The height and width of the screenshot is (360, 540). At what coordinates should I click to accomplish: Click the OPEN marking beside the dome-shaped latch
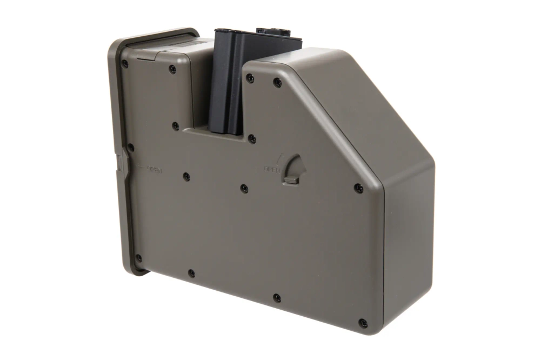(x=272, y=169)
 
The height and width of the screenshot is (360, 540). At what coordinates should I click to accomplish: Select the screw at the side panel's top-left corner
(x=125, y=64)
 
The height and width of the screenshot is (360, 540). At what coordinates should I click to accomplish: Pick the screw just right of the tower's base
(x=252, y=139)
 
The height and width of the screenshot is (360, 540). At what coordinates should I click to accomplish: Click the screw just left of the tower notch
(x=176, y=126)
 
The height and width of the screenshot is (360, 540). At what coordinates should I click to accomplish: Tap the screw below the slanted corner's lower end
(x=359, y=188)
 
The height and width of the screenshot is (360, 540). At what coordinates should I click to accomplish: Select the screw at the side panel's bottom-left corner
(x=138, y=258)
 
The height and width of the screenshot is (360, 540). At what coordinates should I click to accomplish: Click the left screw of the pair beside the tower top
(x=250, y=78)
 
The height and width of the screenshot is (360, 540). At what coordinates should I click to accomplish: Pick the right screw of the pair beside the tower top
(x=277, y=83)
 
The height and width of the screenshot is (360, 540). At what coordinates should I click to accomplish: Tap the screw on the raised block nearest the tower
(x=172, y=69)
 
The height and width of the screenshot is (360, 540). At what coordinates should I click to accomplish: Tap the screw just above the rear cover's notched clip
(x=130, y=146)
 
